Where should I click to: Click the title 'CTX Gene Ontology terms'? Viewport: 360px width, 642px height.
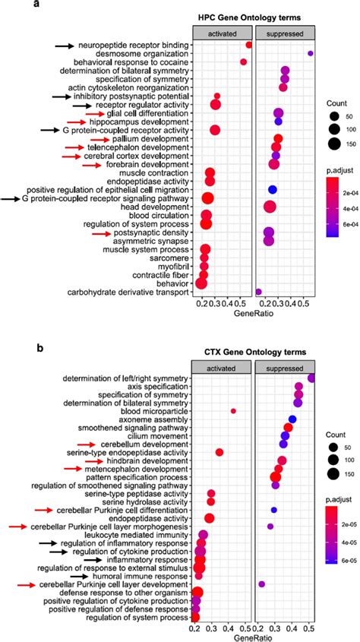257,353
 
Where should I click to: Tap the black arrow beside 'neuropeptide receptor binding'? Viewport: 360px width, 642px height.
65,46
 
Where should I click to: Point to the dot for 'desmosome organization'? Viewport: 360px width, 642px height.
310,53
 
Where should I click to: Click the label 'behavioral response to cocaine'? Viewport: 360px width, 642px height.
139,62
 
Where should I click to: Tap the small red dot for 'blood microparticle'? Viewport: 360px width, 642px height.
233,411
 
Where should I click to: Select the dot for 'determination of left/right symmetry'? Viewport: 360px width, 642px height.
311,378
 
